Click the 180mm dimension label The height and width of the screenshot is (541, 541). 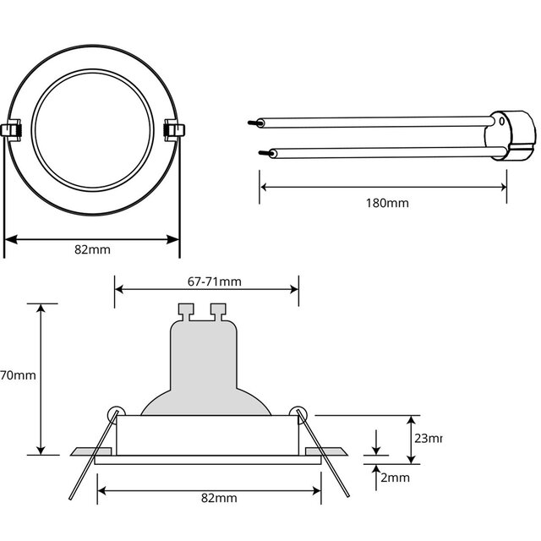pyautogui.click(x=387, y=204)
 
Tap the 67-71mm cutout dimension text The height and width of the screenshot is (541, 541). pyautogui.click(x=208, y=281)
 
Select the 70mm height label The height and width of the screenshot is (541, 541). pyautogui.click(x=17, y=375)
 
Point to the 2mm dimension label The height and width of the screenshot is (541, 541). pyautogui.click(x=395, y=478)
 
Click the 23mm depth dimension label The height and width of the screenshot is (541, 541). pyautogui.click(x=428, y=439)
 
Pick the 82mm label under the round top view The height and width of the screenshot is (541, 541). pyautogui.click(x=92, y=249)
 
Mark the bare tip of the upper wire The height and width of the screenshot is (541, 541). pyautogui.click(x=252, y=123)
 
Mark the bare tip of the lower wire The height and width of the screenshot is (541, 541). pyautogui.click(x=263, y=154)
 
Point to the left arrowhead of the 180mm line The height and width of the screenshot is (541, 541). pyautogui.click(x=264, y=187)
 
